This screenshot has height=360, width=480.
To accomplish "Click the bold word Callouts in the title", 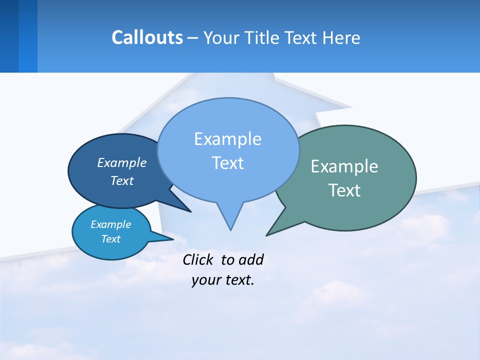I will (x=147, y=37).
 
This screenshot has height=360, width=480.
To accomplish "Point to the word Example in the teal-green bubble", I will (x=344, y=166).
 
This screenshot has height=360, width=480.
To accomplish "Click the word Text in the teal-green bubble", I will (x=344, y=190).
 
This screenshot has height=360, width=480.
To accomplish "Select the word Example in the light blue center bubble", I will (x=227, y=139).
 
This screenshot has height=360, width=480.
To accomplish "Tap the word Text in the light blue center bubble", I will (x=227, y=163).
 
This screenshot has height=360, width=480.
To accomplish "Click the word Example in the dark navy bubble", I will (x=122, y=162).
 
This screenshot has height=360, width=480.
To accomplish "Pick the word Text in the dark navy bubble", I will (x=122, y=180).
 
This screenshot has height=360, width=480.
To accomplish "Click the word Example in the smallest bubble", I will (x=110, y=224).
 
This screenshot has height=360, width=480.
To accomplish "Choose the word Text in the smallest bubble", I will (x=110, y=239).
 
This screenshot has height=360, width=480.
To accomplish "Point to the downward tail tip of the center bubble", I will (x=230, y=229).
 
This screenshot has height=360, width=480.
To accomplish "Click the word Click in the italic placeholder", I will (x=198, y=259).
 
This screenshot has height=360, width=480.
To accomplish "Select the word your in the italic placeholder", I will (x=205, y=280).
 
